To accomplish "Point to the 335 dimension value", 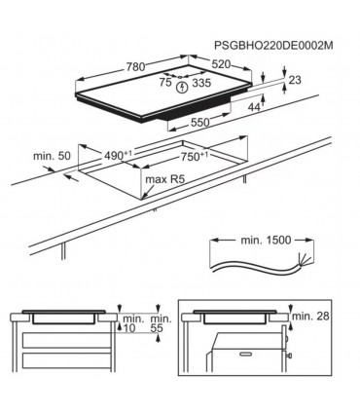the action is click(201, 85).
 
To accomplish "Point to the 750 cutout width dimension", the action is click(192, 156).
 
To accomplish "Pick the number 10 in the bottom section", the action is click(130, 328).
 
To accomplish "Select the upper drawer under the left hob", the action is click(62, 341).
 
